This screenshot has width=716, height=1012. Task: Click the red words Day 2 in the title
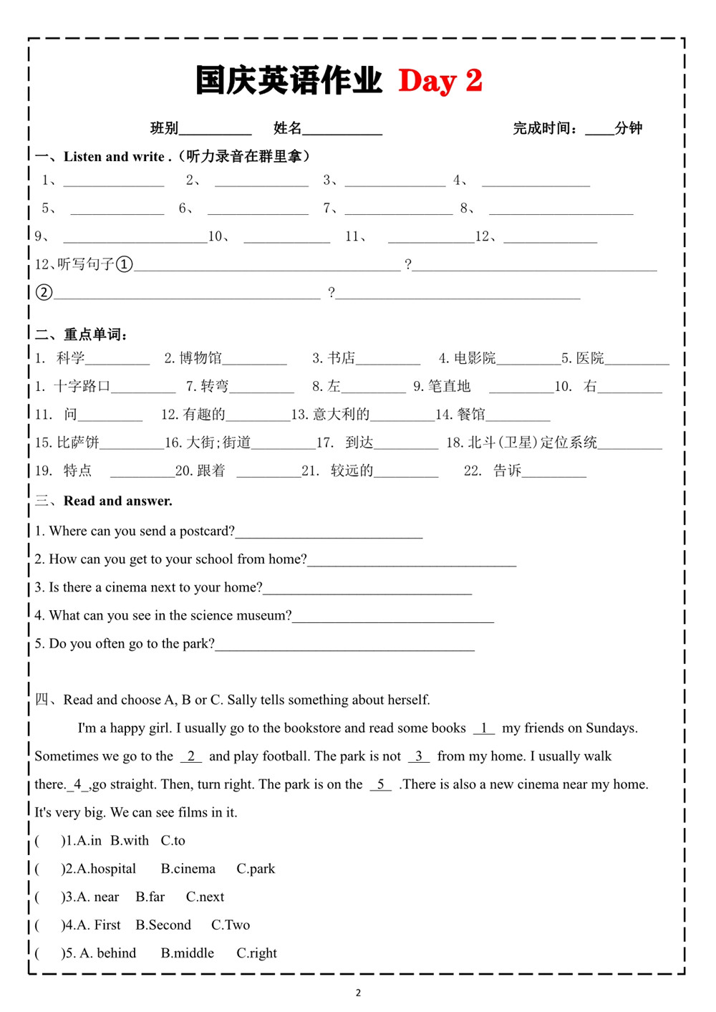click(x=440, y=81)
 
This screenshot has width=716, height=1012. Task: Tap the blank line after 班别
click(x=215, y=132)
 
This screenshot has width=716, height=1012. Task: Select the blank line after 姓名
click(x=342, y=132)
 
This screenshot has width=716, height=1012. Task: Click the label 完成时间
click(x=541, y=128)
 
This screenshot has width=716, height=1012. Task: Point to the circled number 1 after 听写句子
click(x=124, y=264)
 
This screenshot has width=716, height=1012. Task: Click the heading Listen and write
click(x=115, y=156)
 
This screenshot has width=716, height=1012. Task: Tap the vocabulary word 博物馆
click(x=200, y=358)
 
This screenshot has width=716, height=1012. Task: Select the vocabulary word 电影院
click(x=474, y=358)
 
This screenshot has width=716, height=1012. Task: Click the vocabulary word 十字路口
click(x=82, y=386)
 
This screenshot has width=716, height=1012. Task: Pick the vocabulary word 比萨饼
click(x=77, y=443)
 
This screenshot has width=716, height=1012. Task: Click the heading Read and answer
click(x=117, y=501)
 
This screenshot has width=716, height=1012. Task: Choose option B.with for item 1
click(x=130, y=840)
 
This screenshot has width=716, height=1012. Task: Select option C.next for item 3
click(x=205, y=897)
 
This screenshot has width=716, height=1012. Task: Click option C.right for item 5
click(x=256, y=953)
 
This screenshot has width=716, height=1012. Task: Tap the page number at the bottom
click(x=358, y=993)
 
